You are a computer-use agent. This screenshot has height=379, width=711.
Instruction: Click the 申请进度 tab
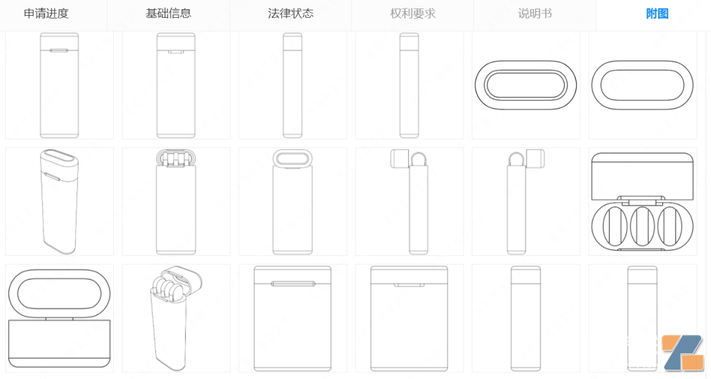(46, 14)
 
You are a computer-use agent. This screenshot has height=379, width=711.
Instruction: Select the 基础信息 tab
(169, 14)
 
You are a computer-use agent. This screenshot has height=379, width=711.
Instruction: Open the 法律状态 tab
(291, 14)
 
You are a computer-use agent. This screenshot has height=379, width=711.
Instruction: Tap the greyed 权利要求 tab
(413, 14)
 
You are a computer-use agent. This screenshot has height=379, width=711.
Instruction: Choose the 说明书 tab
(535, 14)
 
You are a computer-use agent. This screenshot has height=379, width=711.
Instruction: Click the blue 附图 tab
(657, 14)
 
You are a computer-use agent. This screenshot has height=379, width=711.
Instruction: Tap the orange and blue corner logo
(683, 352)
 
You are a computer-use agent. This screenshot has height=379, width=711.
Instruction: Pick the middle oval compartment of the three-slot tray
(642, 226)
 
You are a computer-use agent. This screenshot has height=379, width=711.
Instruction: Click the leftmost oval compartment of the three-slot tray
(615, 226)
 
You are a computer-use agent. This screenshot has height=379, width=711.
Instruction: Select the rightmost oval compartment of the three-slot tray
(670, 226)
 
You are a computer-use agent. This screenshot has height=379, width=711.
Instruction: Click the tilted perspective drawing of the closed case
(59, 201)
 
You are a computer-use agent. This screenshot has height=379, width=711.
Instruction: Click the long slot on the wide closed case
(292, 284)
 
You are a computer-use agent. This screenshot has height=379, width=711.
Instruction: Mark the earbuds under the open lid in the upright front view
(176, 159)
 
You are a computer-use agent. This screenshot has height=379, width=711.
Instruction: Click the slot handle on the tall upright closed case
(59, 51)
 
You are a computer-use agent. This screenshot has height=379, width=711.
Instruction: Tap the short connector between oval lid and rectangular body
(59, 318)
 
